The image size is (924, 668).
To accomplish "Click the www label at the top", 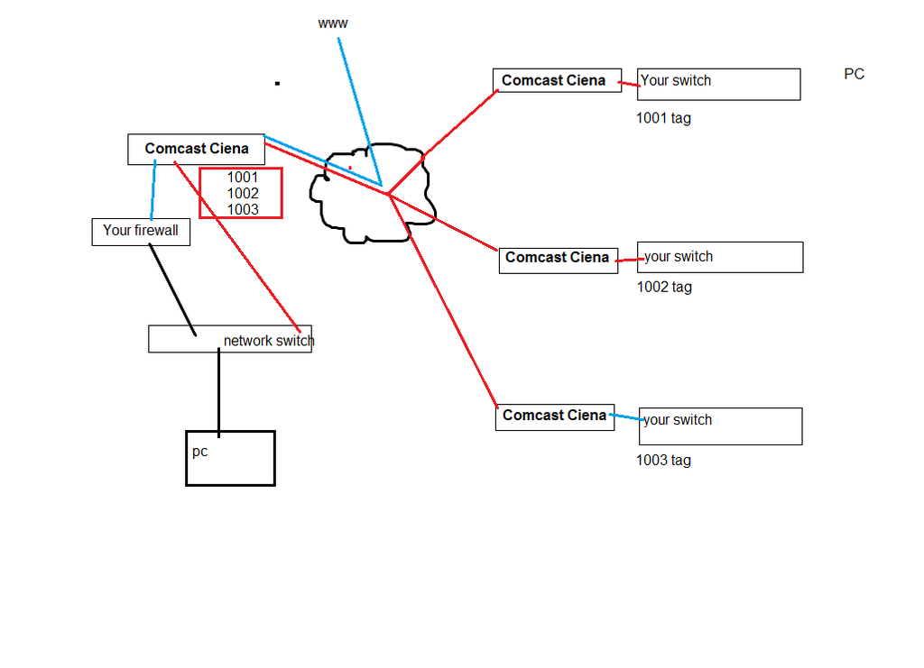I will click(332, 23).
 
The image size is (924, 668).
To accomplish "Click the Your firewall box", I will click(141, 231).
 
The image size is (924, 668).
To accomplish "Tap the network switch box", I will click(230, 340).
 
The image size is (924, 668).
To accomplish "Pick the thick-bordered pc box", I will click(230, 458).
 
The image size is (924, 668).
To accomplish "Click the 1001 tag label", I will click(663, 118).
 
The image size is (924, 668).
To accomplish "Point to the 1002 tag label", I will click(663, 288).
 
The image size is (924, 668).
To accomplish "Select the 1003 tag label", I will click(663, 461).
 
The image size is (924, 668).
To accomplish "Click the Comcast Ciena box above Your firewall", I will click(196, 149).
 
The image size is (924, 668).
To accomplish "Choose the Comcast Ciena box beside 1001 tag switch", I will click(554, 80).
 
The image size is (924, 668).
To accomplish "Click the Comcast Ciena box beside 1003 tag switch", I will click(554, 416).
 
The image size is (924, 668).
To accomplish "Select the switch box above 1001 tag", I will click(718, 84).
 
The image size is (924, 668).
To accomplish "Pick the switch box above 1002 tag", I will click(719, 257).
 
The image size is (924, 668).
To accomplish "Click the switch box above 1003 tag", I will click(720, 426).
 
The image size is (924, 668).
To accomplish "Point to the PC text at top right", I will click(854, 74).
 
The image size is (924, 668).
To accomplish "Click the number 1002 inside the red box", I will click(243, 193).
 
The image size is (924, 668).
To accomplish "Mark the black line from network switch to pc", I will click(218, 392).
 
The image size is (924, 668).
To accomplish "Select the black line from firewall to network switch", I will click(171, 288).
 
